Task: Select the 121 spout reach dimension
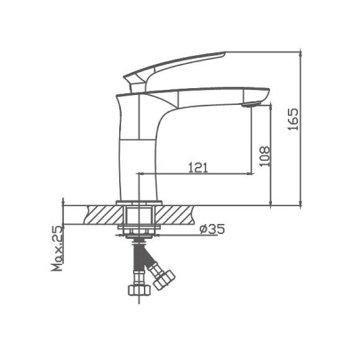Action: tap(197, 167)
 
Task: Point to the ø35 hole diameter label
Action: tap(212, 229)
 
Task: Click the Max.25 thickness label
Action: tap(57, 249)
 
